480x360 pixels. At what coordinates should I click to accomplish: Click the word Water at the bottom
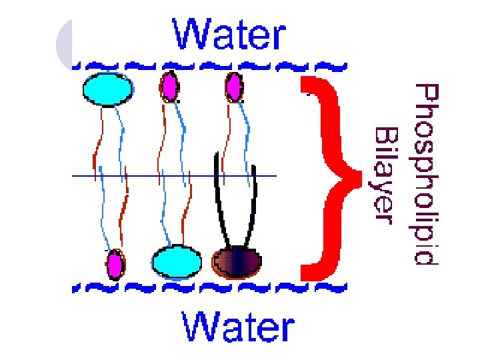tap(239, 329)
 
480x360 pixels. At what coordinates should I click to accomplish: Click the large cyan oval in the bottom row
tap(176, 262)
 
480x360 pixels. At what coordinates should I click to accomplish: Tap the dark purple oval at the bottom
tap(237, 262)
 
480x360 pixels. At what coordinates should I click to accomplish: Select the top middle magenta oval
tap(169, 85)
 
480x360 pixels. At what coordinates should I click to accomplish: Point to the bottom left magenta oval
tap(116, 264)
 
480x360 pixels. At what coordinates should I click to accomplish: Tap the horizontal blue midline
tap(173, 176)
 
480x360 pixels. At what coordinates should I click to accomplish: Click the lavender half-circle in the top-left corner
tap(65, 44)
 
